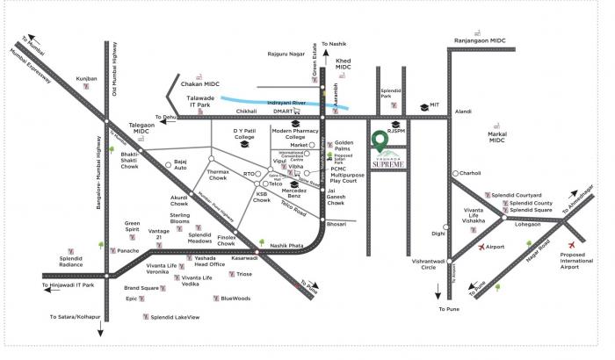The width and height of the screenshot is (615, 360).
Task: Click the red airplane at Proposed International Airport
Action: tap(575, 243)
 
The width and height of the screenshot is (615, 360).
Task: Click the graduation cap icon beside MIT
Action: tap(423, 106)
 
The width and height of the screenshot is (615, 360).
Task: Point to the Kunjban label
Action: tap(86, 79)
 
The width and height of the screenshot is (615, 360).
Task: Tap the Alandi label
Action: tap(462, 112)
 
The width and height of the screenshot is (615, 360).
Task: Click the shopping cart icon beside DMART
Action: tap(299, 112)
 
